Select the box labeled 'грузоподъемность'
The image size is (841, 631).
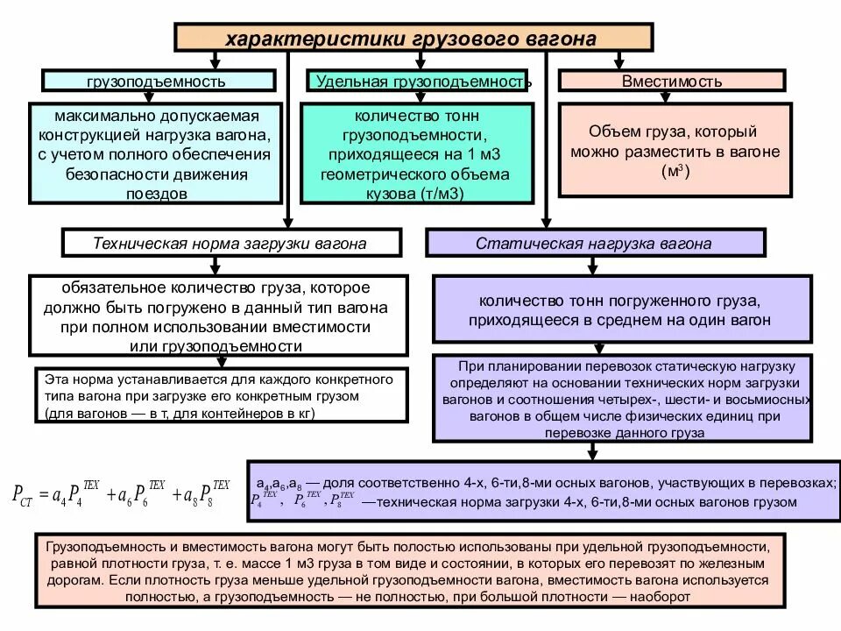pos(156,81)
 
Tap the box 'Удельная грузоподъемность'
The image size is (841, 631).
pos(420,81)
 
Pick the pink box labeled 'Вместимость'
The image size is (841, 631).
pos(672,81)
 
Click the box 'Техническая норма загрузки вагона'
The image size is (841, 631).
pos(230,243)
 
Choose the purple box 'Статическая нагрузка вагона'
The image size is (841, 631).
pos(595,243)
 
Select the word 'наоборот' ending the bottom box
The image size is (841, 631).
pos(662,597)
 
